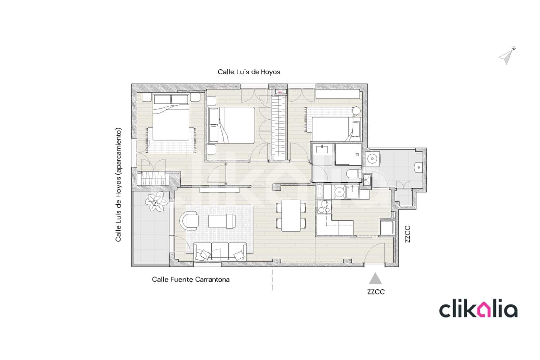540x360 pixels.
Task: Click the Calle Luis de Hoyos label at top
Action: [x=249, y=72]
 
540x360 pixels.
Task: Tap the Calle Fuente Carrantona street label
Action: [x=191, y=280]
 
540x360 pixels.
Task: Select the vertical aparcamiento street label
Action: [x=118, y=184]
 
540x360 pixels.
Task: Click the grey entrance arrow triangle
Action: [x=375, y=279]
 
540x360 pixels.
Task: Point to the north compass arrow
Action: [x=506, y=56]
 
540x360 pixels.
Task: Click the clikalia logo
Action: [x=478, y=310]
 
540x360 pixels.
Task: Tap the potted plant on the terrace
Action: [x=156, y=202]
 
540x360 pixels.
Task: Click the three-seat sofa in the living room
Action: [x=220, y=252]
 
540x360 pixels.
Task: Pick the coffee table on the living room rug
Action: [x=221, y=222]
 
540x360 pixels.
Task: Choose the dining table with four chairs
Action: [x=291, y=215]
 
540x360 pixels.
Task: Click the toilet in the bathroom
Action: [x=353, y=174]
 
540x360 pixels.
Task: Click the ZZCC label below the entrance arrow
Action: [x=376, y=292]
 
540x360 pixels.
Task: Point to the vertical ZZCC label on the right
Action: [x=407, y=234]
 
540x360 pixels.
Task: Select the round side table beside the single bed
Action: [x=356, y=110]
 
